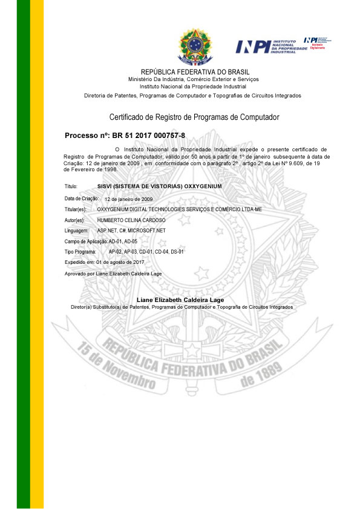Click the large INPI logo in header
pyautogui.click(x=270, y=46)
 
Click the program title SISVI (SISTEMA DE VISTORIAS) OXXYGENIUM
pyautogui.click(x=160, y=186)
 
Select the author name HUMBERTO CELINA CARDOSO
pyautogui.click(x=131, y=220)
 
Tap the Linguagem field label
pyautogui.click(x=76, y=231)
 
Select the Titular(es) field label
pyautogui.click(x=76, y=209)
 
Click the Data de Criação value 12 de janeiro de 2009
pyautogui.click(x=128, y=199)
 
